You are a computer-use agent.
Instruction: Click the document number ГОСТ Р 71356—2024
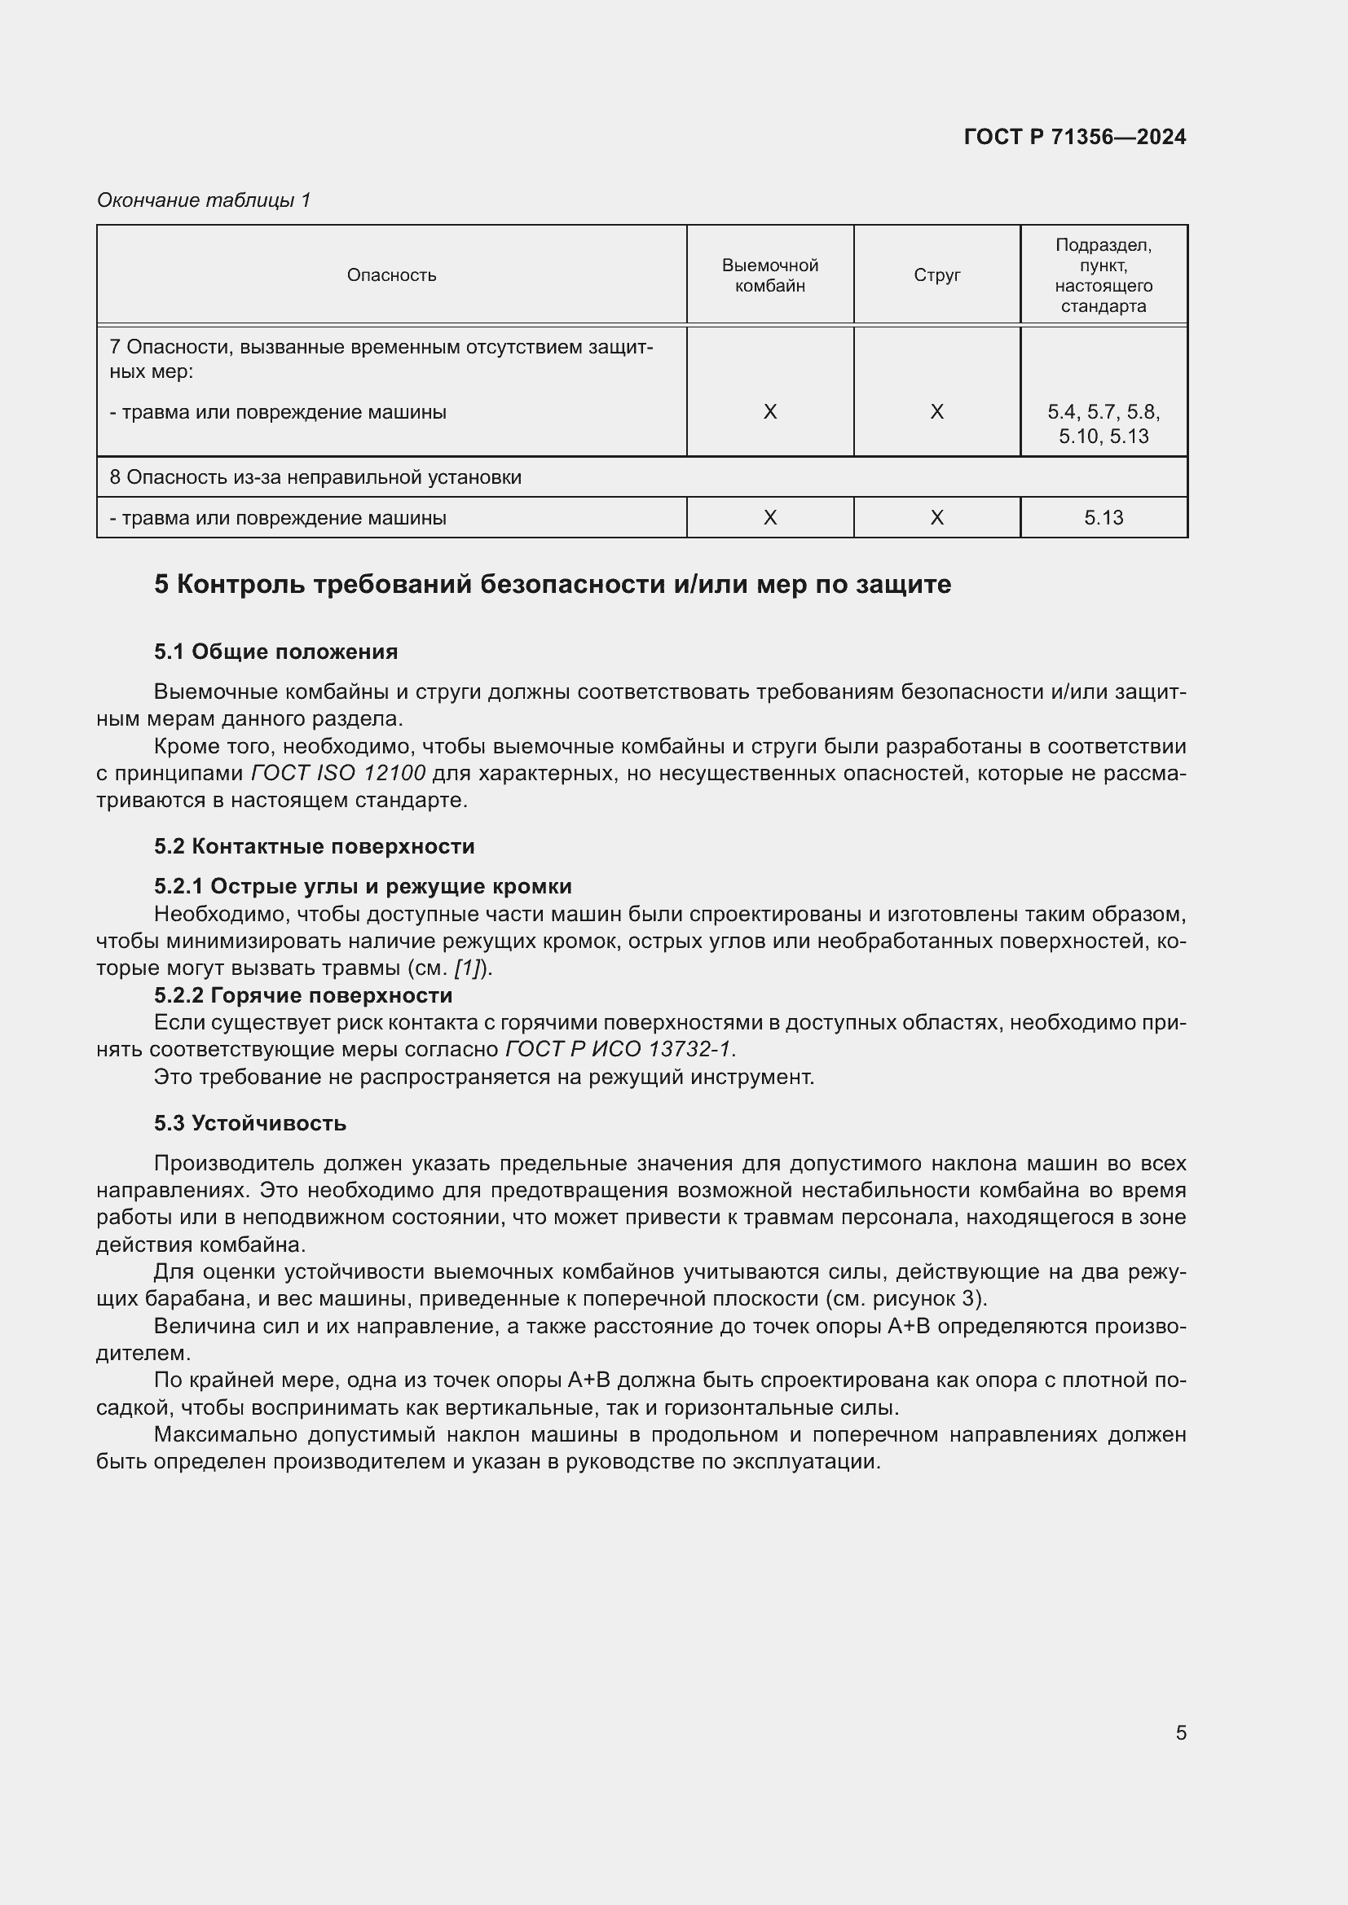click(1075, 137)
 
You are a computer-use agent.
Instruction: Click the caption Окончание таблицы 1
click(204, 200)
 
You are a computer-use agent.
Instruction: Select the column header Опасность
click(391, 274)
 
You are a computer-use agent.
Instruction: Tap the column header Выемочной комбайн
click(769, 275)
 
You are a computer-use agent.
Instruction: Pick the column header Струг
click(936, 274)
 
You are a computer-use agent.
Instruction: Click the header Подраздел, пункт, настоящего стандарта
click(1104, 275)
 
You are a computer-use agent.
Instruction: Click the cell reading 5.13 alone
click(1104, 518)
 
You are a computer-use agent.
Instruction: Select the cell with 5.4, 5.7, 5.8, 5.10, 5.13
click(1104, 424)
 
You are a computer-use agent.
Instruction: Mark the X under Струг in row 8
click(936, 518)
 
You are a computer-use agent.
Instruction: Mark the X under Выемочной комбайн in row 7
click(769, 412)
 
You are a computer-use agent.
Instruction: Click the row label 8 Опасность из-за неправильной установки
click(315, 477)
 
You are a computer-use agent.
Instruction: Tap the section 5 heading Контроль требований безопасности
click(552, 584)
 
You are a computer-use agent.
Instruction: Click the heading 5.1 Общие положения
click(275, 652)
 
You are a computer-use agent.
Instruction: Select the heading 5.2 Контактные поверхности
click(314, 846)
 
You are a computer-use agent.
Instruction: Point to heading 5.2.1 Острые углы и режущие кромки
click(363, 886)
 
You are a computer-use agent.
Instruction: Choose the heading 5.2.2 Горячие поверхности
click(303, 994)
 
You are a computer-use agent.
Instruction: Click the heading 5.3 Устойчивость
click(250, 1123)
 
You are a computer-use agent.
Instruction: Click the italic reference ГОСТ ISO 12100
click(338, 773)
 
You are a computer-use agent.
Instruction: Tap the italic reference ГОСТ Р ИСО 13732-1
click(619, 1050)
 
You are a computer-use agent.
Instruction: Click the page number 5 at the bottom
click(1180, 1732)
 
